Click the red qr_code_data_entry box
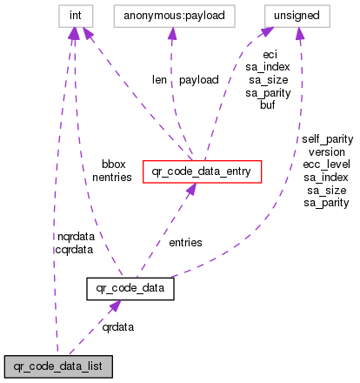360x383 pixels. click(x=202, y=172)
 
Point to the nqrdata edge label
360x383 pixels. click(x=72, y=236)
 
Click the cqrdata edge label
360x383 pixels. click(x=72, y=248)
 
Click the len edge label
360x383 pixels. click(x=159, y=79)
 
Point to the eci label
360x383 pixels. click(x=270, y=53)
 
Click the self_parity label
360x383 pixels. click(x=327, y=138)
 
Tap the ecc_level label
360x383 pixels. click(x=327, y=164)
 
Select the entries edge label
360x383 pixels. click(x=185, y=242)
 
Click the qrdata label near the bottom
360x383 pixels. click(x=118, y=327)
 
